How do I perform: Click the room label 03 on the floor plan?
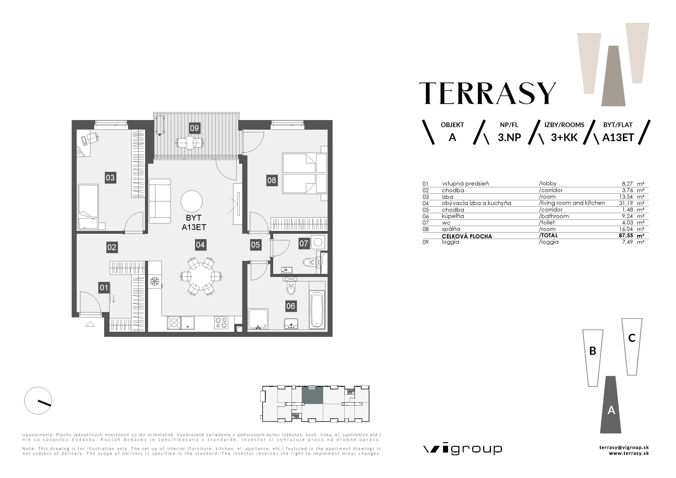tap(110, 178)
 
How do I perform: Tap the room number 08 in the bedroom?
tap(272, 180)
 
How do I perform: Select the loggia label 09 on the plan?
tap(194, 128)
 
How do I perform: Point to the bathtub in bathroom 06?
tap(317, 310)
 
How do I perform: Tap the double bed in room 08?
tap(304, 173)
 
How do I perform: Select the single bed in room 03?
tap(88, 207)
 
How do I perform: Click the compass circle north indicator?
tap(38, 400)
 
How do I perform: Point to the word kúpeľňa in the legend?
tap(453, 216)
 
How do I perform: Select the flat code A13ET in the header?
tap(618, 137)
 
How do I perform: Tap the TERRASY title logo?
tap(488, 93)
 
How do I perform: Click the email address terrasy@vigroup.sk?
tap(624, 447)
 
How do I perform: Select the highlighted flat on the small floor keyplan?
tap(312, 395)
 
